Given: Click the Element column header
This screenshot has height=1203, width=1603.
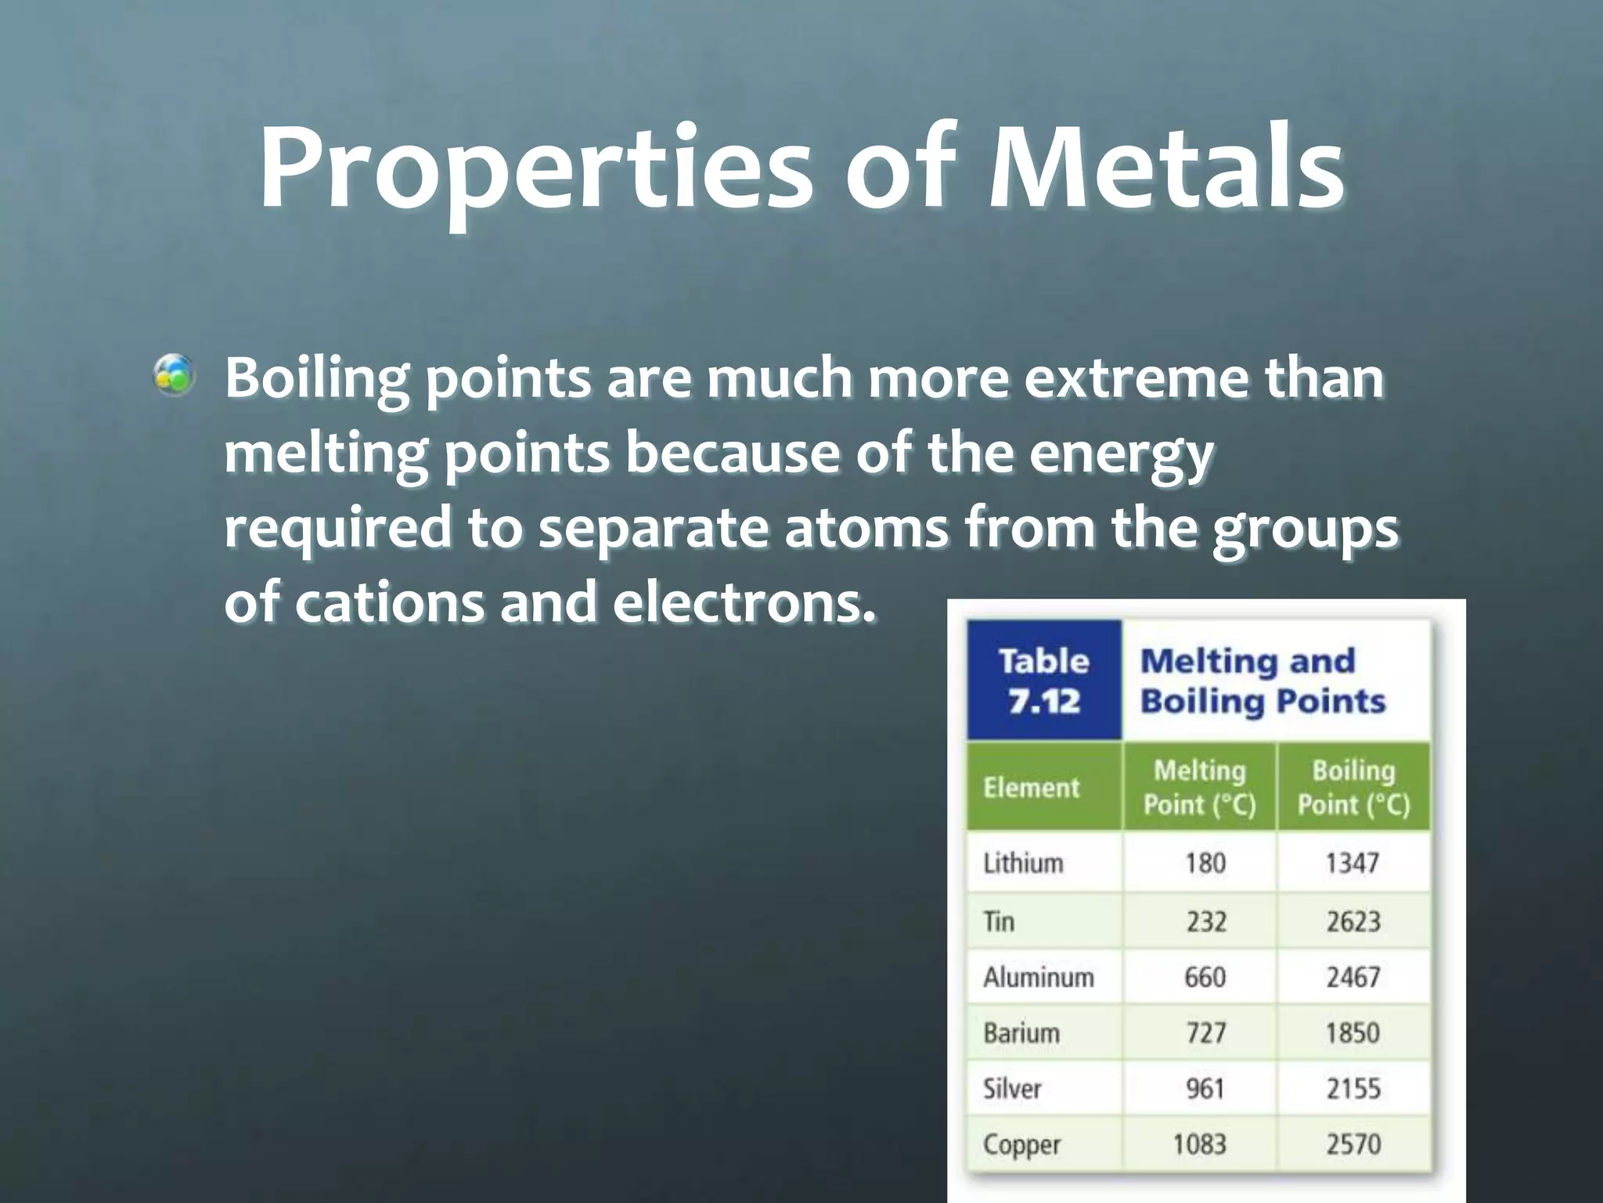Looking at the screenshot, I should (x=1031, y=786).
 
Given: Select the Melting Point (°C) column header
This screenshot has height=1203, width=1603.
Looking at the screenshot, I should (x=1199, y=787).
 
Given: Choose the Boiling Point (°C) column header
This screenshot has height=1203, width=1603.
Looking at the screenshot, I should (x=1353, y=787).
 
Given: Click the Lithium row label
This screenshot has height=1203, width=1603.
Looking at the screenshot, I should (x=1023, y=863).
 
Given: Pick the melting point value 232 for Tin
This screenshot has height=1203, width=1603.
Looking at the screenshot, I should (x=1205, y=921).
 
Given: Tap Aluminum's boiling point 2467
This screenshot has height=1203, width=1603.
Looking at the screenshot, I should (x=1353, y=977).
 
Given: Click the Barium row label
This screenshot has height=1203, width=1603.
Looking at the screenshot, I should (x=1021, y=1033).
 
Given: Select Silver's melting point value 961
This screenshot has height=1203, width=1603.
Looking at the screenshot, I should (x=1205, y=1089).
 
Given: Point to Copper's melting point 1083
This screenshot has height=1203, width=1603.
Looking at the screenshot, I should (x=1199, y=1144).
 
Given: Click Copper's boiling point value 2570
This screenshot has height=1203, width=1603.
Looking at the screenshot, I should (x=1353, y=1144).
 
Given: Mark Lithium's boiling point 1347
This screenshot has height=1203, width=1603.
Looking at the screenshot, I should (x=1352, y=863).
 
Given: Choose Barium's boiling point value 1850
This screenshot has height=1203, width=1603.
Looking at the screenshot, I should (x=1352, y=1033).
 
